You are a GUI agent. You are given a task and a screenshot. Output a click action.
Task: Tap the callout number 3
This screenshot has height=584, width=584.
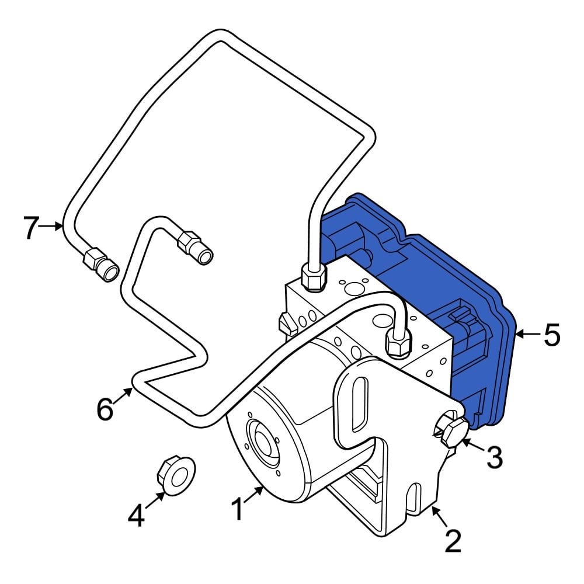(495, 457)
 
